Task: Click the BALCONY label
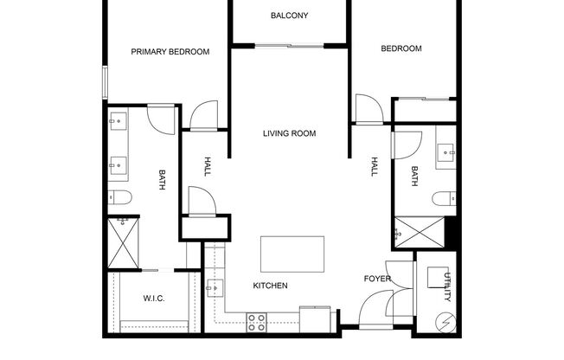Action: coord(289,16)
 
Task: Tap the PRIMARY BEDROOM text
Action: coord(170,52)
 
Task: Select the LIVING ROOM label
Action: coord(290,133)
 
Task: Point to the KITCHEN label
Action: coord(270,286)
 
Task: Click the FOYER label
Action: coord(377,279)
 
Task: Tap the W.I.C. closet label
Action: coord(154,299)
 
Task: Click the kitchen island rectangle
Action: coord(292,254)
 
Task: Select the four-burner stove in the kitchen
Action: coord(257,322)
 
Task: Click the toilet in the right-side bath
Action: coord(444,196)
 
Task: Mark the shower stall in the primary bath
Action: coord(122,242)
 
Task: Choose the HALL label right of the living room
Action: coord(375,166)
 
